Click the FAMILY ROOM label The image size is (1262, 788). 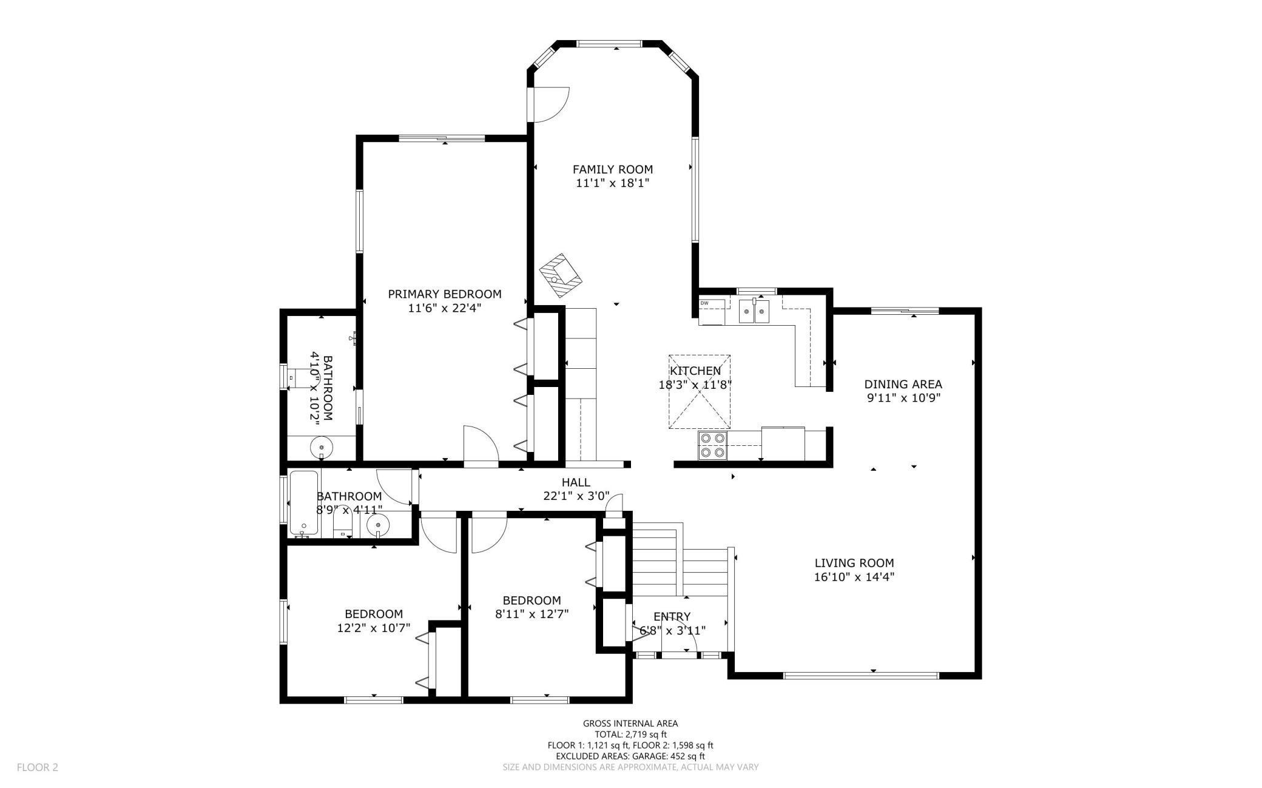click(613, 169)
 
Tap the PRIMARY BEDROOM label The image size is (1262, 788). click(445, 294)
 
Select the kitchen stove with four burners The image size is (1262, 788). click(712, 445)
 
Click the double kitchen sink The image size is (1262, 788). click(754, 311)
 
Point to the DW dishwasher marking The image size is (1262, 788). click(704, 303)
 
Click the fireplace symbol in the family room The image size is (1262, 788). click(561, 271)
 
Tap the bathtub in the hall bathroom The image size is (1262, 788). click(304, 503)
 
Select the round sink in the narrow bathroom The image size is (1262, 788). click(322, 448)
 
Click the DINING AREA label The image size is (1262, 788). click(903, 384)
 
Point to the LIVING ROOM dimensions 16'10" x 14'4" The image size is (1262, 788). click(854, 577)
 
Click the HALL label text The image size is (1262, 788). click(576, 482)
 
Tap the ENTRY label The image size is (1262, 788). click(672, 617)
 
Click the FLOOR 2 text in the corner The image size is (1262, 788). click(38, 767)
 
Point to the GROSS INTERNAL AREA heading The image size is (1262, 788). click(630, 723)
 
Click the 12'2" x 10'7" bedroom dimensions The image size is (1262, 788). click(374, 628)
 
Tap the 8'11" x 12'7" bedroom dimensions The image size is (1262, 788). click(532, 614)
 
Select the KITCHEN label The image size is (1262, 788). click(695, 371)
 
